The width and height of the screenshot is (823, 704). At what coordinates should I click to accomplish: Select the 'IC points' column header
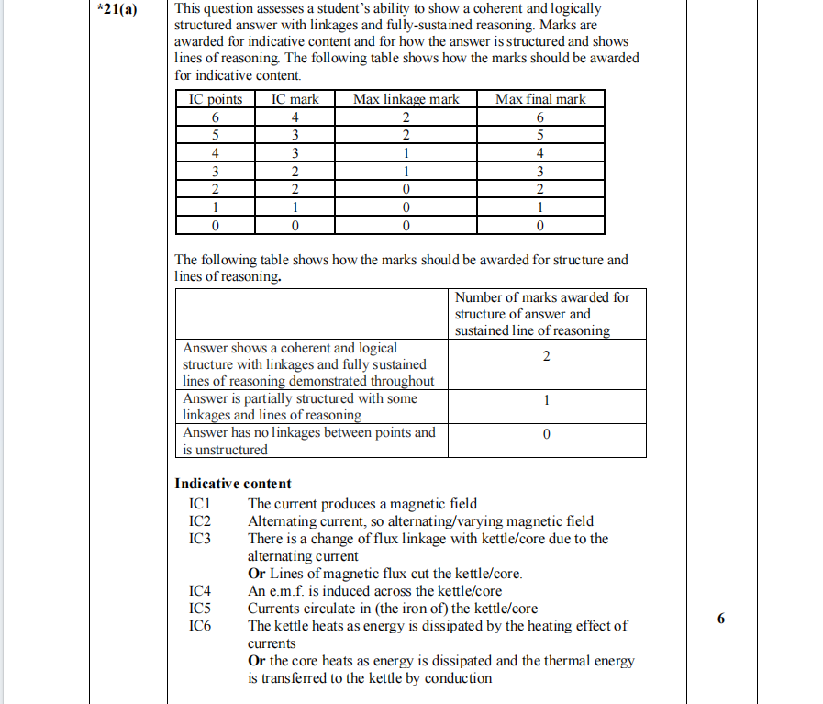pos(216,99)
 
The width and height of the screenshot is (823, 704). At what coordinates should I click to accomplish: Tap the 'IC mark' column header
pos(295,99)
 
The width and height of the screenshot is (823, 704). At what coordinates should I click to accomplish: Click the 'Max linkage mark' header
pos(406,99)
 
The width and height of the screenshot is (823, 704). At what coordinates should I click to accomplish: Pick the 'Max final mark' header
pos(540,99)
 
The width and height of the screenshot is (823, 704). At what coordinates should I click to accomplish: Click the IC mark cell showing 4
pos(295,117)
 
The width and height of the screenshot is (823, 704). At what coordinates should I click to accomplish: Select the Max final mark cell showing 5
pos(540,135)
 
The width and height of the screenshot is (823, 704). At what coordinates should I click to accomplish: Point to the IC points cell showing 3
pos(216,171)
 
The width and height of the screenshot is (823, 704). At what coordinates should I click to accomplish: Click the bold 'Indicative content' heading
pos(233,484)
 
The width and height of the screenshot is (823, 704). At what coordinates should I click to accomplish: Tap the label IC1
pos(200,504)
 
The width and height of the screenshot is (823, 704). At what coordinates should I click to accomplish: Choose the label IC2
pos(200,521)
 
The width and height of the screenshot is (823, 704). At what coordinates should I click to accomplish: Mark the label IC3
pos(200,539)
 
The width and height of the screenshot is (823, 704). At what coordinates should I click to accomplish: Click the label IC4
pos(200,591)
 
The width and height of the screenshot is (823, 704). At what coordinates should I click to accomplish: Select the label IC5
pos(200,609)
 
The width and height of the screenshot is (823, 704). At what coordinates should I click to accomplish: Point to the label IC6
pos(200,626)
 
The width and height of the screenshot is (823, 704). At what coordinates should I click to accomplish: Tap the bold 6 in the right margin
pos(720,619)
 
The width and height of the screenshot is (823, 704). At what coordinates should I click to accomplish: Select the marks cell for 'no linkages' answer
pos(547,441)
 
